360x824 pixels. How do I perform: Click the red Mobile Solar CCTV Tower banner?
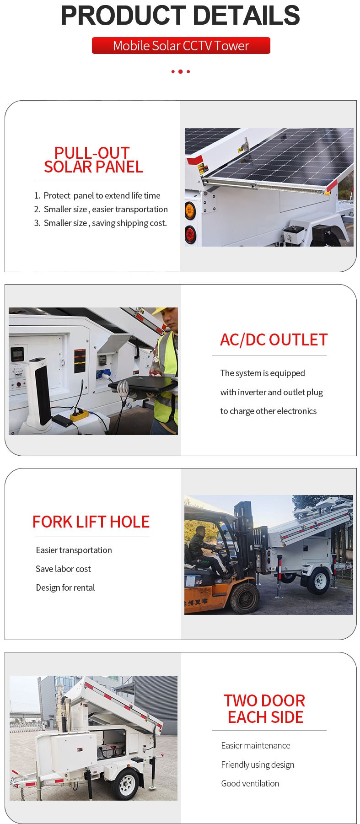click(x=181, y=46)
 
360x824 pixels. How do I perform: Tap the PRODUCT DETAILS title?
click(x=180, y=16)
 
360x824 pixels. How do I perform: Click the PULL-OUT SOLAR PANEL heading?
click(x=93, y=160)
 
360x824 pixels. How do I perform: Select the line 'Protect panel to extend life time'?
click(x=102, y=195)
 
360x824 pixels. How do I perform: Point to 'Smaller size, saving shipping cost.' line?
click(x=105, y=223)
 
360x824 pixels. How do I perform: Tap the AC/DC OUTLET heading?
click(x=274, y=339)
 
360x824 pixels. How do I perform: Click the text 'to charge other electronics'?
click(x=268, y=411)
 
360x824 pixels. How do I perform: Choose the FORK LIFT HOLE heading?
click(x=91, y=522)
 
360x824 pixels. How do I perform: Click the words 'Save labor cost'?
click(x=63, y=569)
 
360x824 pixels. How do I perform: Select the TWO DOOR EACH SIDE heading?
click(x=265, y=709)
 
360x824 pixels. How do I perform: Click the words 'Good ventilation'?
click(x=250, y=783)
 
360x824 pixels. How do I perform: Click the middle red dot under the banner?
click(x=180, y=71)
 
